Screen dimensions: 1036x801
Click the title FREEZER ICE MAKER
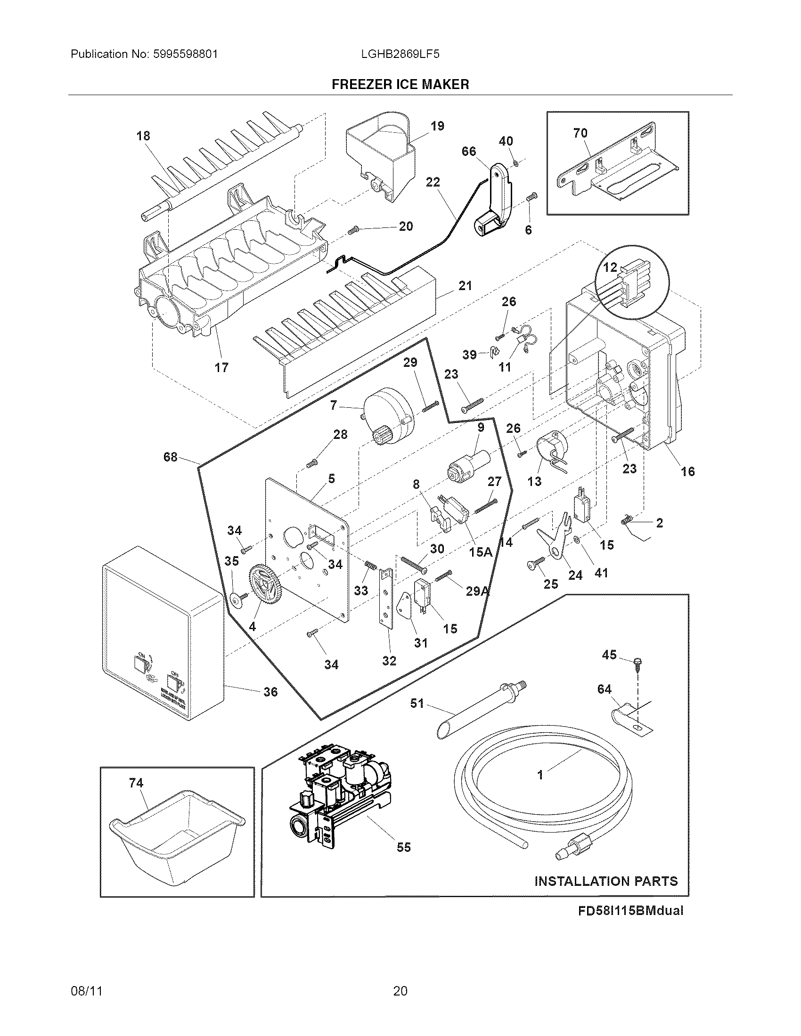(400, 84)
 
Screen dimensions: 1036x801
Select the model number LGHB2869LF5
(400, 54)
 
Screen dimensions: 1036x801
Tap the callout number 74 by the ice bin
(136, 783)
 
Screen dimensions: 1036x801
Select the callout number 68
(171, 457)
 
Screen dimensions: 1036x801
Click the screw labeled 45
(638, 663)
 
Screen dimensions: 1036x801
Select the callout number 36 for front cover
(270, 692)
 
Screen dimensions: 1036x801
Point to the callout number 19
(437, 126)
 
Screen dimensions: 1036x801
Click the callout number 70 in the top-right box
(580, 133)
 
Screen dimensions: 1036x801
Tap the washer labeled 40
(516, 164)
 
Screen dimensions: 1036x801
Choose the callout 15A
(481, 552)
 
